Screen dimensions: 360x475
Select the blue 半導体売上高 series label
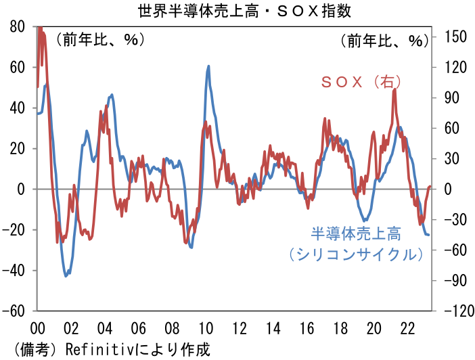click(x=356, y=234)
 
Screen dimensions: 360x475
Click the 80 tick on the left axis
click(x=18, y=26)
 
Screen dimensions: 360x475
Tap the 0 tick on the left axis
click(x=22, y=189)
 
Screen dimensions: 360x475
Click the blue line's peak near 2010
click(x=208, y=66)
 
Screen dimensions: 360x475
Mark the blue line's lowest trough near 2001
click(x=66, y=275)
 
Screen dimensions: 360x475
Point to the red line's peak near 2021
click(x=394, y=89)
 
